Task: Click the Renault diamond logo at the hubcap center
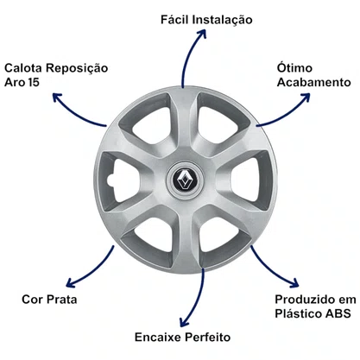point(185,180)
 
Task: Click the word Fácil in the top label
point(174,20)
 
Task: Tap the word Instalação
point(222,20)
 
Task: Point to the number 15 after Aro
point(34,82)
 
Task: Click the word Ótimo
point(294,67)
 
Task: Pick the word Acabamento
point(314,82)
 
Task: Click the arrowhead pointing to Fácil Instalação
point(201,32)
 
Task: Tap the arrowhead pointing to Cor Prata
point(70,282)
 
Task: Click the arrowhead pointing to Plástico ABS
point(294,283)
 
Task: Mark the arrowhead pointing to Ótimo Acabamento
point(305,97)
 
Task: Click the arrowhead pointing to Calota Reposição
point(57,98)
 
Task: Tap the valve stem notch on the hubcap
point(110,180)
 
